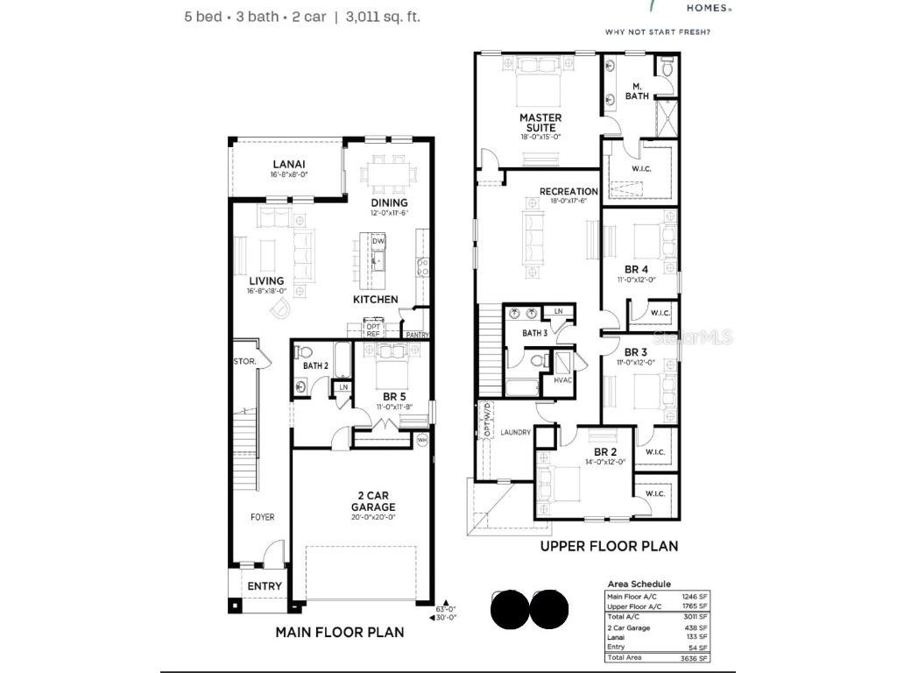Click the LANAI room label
pos(288,164)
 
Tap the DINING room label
pos(389,203)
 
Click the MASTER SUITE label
pos(540,123)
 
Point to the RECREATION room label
pos(569,192)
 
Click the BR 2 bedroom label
pos(606,452)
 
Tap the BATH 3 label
pos(534,333)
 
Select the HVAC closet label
pos(562,379)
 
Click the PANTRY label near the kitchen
pos(417,334)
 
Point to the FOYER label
pos(262,517)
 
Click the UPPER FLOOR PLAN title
pos(609,546)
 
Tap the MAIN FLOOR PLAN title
pos(340,632)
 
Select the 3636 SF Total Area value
pos(697,657)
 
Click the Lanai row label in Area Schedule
pos(616,637)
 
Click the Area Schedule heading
pos(639,584)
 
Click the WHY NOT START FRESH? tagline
pos(658,32)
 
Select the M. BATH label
pos(637,91)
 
